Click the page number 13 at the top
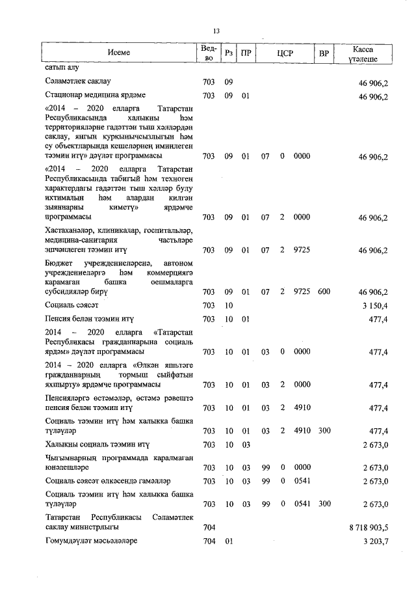(x=216, y=31)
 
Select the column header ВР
(x=324, y=53)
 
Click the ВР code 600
(x=324, y=292)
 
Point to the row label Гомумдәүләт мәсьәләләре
(x=91, y=542)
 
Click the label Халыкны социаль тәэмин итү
(x=97, y=445)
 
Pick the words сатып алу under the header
(x=60, y=67)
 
